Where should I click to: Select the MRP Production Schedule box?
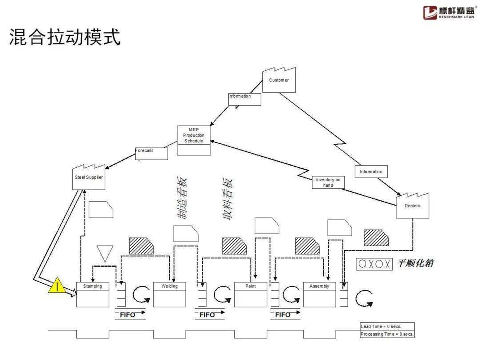pyautogui.click(x=194, y=140)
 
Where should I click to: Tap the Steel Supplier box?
pyautogui.click(x=89, y=178)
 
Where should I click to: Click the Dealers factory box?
pyautogui.click(x=412, y=206)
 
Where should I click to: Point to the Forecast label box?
pyautogui.click(x=152, y=153)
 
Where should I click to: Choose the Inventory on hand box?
pyautogui.click(x=328, y=183)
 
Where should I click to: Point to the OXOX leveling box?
pyautogui.click(x=375, y=264)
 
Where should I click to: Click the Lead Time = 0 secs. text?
pyautogui.click(x=381, y=327)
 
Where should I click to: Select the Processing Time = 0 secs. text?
pyautogui.click(x=387, y=334)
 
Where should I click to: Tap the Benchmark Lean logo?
pyautogui.click(x=448, y=12)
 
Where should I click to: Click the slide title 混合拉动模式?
pyautogui.click(x=65, y=37)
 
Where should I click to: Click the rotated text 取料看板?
pyautogui.click(x=227, y=200)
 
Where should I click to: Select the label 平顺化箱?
pyautogui.click(x=415, y=264)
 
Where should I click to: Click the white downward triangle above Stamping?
pyautogui.click(x=105, y=252)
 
